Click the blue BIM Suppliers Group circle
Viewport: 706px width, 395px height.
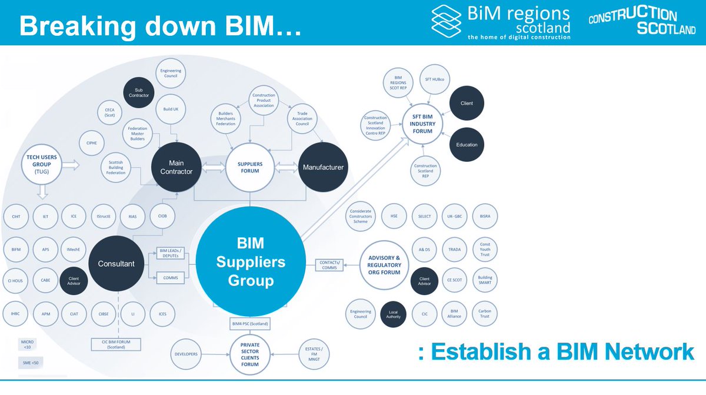251,263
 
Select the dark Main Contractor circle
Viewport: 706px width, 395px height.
177,167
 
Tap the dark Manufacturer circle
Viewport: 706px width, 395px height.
322,167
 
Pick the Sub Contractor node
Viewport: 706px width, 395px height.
138,92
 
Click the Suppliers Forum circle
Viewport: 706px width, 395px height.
251,167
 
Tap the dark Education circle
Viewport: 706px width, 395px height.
467,145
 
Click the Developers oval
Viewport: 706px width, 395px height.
186,354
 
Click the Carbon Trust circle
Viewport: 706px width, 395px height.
484,313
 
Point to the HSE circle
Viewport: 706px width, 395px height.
393,216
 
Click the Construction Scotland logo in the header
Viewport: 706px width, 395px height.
641,22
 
